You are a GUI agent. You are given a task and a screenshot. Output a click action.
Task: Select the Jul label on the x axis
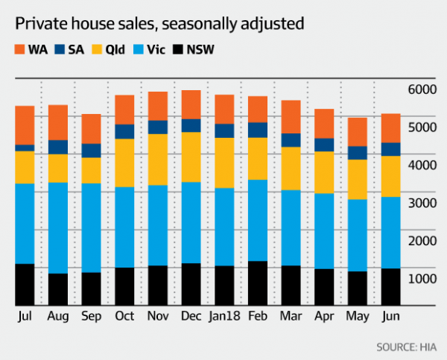pyautogui.click(x=27, y=317)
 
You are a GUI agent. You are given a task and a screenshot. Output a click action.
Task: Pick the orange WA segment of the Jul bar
pyautogui.click(x=35, y=125)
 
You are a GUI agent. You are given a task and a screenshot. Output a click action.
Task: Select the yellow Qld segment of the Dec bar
pyautogui.click(x=191, y=157)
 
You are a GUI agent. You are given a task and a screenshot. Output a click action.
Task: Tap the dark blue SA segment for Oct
pyautogui.click(x=124, y=131)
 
